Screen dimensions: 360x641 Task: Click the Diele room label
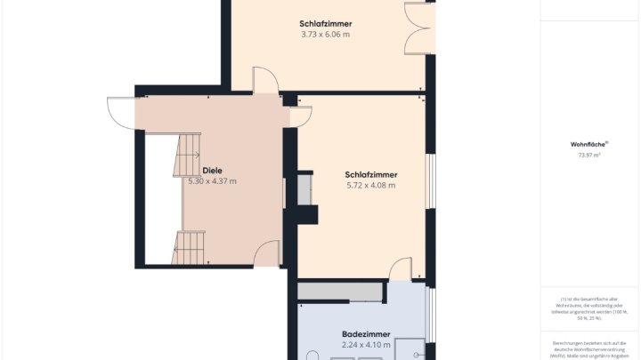(x=212, y=170)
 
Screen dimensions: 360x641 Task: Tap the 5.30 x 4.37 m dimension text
(x=212, y=181)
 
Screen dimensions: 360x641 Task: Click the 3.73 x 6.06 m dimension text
(x=325, y=35)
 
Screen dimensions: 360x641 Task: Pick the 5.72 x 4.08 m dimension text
(x=370, y=186)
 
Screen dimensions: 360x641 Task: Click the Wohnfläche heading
(x=588, y=144)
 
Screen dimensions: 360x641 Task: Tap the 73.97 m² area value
(x=588, y=156)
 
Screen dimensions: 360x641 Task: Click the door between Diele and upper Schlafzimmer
(x=264, y=80)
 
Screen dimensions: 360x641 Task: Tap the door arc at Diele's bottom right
(x=266, y=254)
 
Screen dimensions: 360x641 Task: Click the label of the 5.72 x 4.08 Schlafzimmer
(x=370, y=174)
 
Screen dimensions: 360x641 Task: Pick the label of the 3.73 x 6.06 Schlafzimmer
(x=325, y=23)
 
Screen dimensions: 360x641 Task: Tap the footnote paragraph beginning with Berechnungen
(x=588, y=348)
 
